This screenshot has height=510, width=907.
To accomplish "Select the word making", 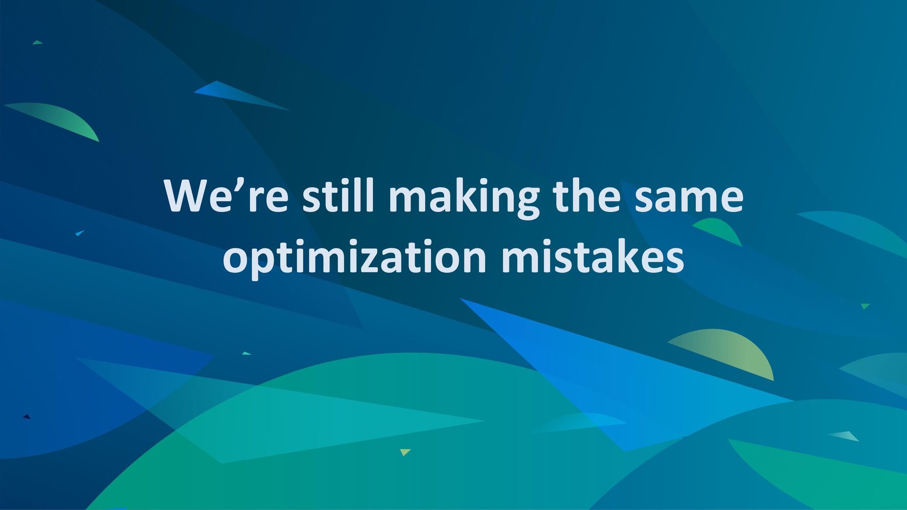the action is tap(464, 198).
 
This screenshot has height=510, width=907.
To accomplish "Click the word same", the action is tap(689, 198).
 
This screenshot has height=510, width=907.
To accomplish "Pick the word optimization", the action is tap(354, 259).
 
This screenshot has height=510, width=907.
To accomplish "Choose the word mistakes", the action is tap(592, 256).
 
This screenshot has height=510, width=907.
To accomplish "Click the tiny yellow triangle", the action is tap(405, 452).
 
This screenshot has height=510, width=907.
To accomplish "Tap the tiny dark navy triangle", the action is tap(27, 416).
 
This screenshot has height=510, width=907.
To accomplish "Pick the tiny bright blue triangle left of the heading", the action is tap(79, 233).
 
